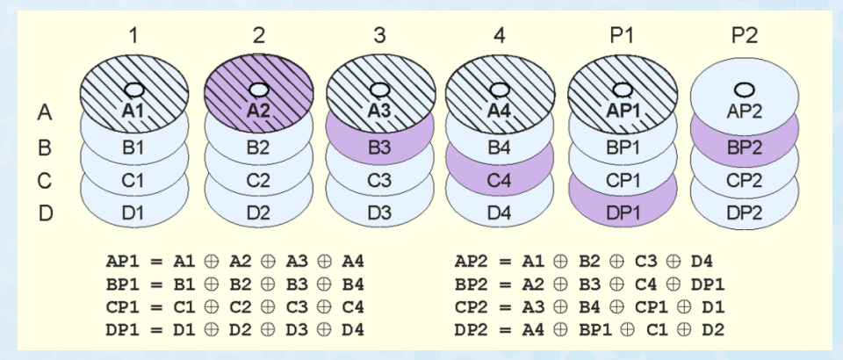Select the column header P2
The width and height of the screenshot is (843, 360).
click(745, 36)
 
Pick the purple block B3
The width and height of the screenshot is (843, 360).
click(379, 148)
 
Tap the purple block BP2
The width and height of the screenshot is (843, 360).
click(745, 148)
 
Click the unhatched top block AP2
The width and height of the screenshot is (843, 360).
click(745, 112)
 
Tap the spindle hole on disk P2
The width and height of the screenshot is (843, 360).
click(744, 88)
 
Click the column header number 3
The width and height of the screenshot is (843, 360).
click(379, 36)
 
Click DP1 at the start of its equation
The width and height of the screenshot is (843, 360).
click(121, 328)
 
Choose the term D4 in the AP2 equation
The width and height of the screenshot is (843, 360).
click(702, 261)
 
